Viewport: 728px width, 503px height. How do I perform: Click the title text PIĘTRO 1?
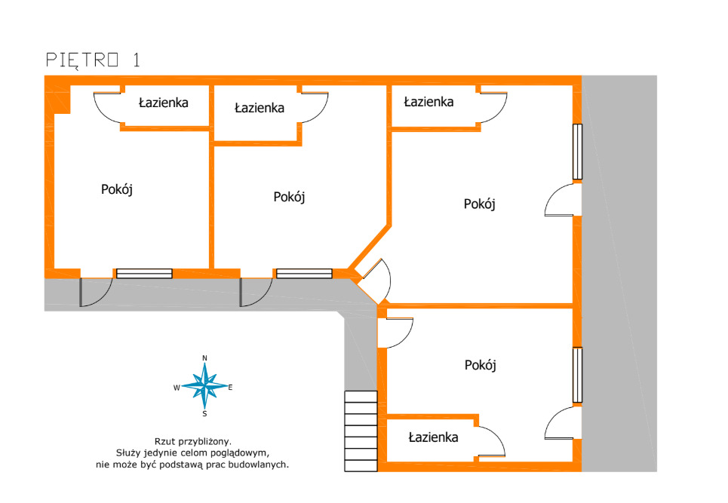[93, 60]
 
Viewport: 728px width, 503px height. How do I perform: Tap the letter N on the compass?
[204, 357]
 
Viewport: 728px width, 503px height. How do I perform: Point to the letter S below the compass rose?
[204, 413]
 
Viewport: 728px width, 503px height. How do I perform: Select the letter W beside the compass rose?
[177, 388]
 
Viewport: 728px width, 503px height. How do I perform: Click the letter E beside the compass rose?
[230, 388]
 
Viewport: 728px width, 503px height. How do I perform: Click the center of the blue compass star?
[204, 385]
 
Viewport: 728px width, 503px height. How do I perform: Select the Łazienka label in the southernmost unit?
[433, 437]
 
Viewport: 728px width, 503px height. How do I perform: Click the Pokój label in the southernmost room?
[480, 365]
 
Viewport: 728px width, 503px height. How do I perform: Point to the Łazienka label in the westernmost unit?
[163, 102]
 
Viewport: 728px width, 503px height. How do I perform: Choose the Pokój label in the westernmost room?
[117, 189]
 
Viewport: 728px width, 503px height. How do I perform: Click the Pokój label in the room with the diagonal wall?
[289, 197]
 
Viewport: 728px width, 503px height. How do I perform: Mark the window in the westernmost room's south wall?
[144, 273]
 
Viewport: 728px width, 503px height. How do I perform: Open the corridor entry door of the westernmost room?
[96, 293]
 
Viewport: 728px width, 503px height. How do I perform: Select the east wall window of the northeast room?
[577, 152]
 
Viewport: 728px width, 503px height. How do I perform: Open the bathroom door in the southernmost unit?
[490, 441]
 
